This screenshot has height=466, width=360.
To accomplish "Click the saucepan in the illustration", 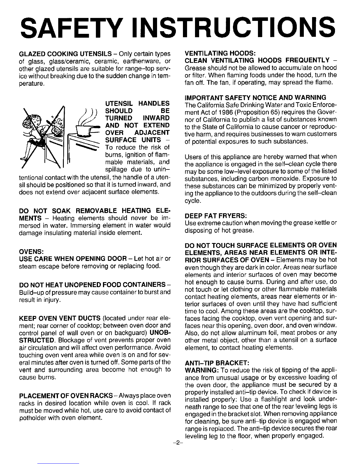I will tap(85, 129).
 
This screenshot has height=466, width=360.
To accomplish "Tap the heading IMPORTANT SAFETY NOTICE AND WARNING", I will tap(255, 98).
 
